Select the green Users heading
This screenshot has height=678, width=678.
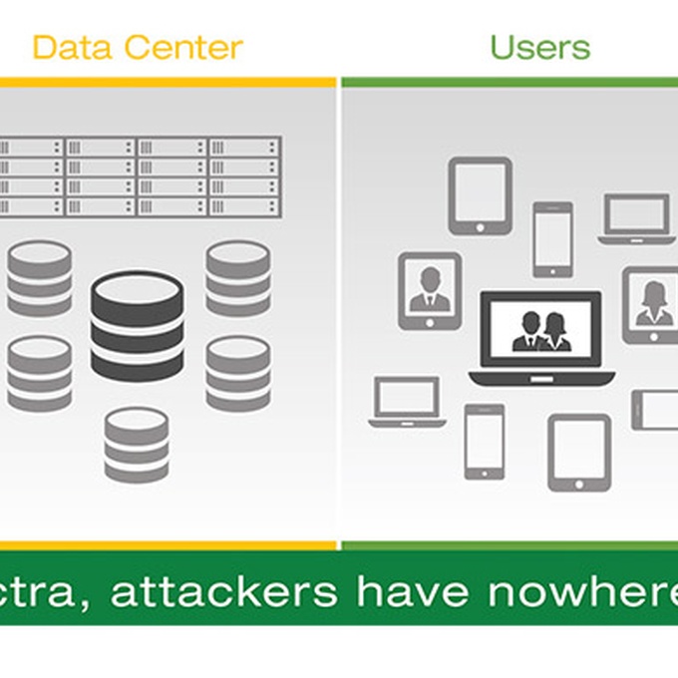539,46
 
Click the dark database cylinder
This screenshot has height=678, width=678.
138,325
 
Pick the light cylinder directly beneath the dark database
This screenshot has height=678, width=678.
137,444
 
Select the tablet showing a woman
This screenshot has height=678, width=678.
652,304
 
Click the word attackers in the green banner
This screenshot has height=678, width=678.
223,592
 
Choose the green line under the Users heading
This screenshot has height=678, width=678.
509,82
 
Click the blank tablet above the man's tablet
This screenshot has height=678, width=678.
480,195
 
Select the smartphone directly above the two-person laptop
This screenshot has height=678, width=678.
552,239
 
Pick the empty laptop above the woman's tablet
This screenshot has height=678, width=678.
636,218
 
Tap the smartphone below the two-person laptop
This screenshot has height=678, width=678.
485,441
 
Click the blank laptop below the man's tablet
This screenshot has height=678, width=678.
407,402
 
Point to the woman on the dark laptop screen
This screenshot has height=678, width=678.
555,331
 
